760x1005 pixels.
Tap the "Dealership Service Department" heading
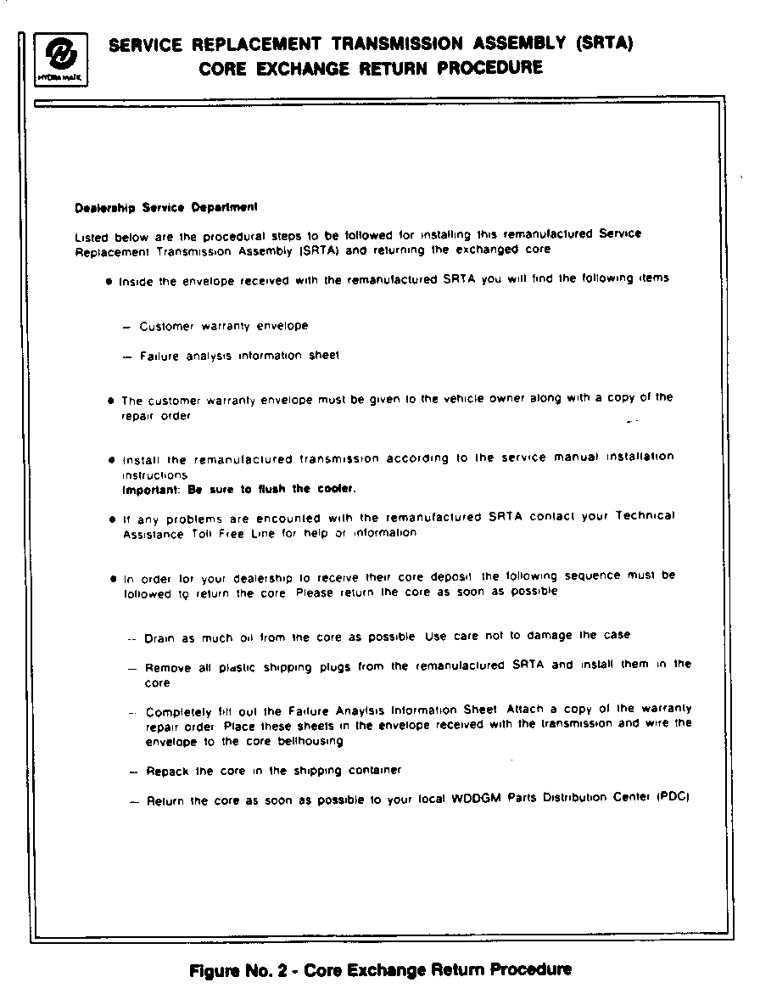coord(166,206)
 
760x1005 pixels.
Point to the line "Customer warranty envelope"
coord(224,326)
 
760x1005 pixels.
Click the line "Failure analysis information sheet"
coord(239,356)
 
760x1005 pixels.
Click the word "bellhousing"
coord(310,741)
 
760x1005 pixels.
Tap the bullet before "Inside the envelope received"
coord(110,280)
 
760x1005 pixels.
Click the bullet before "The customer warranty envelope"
coord(111,400)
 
